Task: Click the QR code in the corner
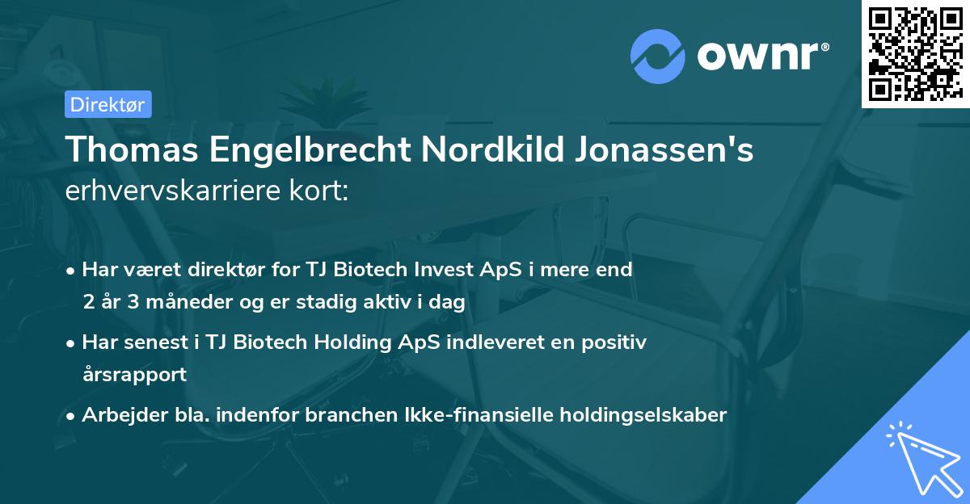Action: tap(916, 53)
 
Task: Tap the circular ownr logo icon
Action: tap(657, 57)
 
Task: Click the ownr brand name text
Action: tap(761, 56)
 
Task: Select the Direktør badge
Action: tap(108, 104)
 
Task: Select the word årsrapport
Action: tap(134, 375)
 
